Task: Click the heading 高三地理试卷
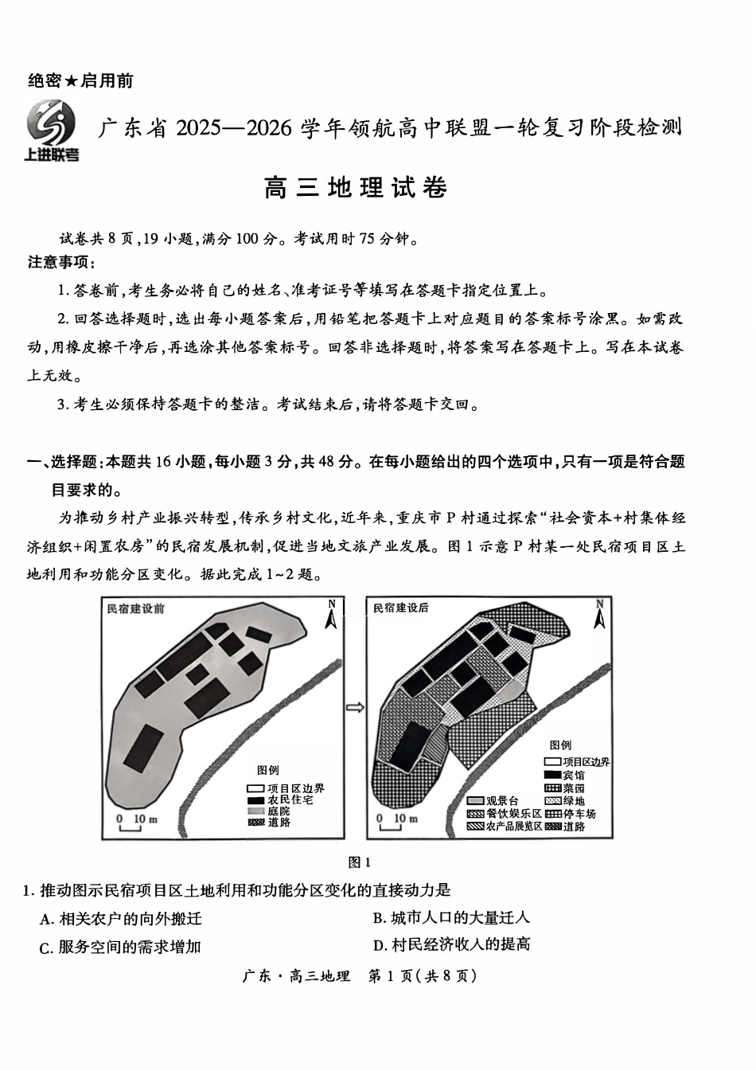[355, 188]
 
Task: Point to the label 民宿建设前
[135, 608]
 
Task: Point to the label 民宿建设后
[401, 608]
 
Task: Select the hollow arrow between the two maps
[356, 707]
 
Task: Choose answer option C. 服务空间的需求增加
[120, 947]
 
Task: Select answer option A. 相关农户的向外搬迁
[121, 919]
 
